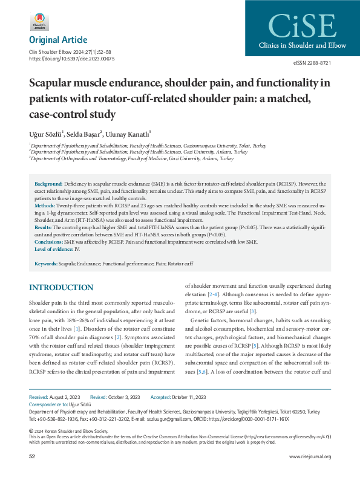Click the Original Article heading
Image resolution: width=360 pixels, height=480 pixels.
click(57, 40)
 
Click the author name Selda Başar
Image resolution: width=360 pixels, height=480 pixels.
click(85, 133)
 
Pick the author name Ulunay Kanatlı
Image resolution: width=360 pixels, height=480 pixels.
click(128, 133)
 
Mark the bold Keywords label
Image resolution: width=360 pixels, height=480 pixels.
click(46, 264)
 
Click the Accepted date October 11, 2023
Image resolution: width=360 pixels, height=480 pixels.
click(187, 397)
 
